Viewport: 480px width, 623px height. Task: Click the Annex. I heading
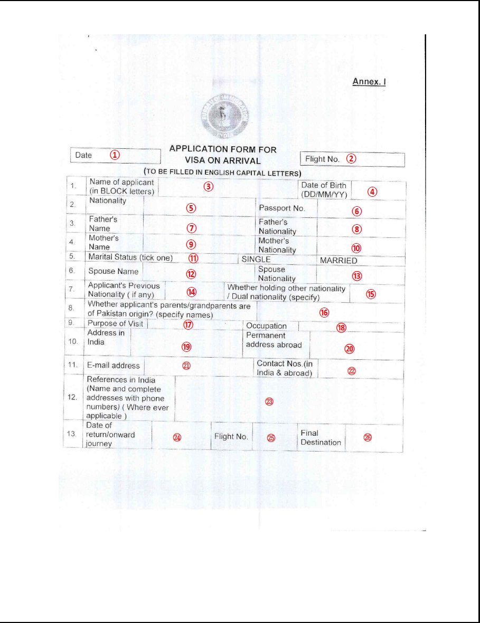371,82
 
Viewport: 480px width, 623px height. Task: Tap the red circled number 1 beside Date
115,155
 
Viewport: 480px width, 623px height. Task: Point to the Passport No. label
282,208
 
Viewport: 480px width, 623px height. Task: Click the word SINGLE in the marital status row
256,260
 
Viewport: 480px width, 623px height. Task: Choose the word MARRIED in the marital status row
338,260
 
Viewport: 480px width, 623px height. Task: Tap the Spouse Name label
113,271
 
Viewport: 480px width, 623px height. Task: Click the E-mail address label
114,365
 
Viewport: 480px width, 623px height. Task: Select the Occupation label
266,326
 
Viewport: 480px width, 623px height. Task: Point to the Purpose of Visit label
115,323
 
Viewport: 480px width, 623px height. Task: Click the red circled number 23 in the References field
269,401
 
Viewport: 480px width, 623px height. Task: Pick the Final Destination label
321,438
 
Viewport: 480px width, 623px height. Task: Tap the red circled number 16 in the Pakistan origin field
324,312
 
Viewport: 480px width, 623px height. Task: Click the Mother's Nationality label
277,245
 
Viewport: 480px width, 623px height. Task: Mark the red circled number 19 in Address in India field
186,346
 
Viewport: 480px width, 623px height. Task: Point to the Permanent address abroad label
274,340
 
